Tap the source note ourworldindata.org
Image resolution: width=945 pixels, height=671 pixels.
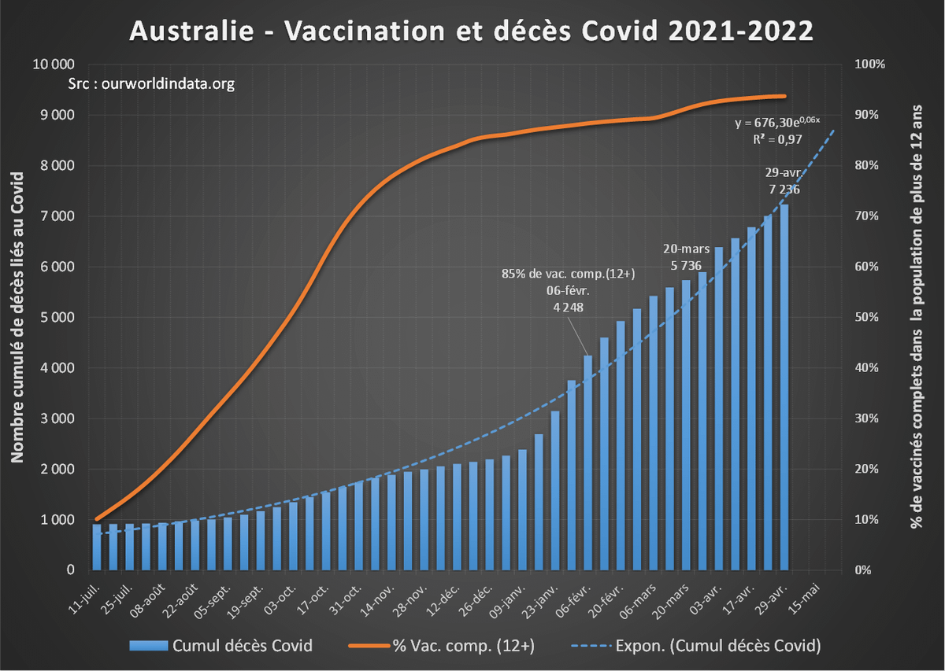pos(151,83)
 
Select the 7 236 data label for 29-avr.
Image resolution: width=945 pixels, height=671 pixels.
pos(783,189)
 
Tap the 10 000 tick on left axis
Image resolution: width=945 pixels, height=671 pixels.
pos(53,65)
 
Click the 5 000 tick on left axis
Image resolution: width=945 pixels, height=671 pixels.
pos(57,317)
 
